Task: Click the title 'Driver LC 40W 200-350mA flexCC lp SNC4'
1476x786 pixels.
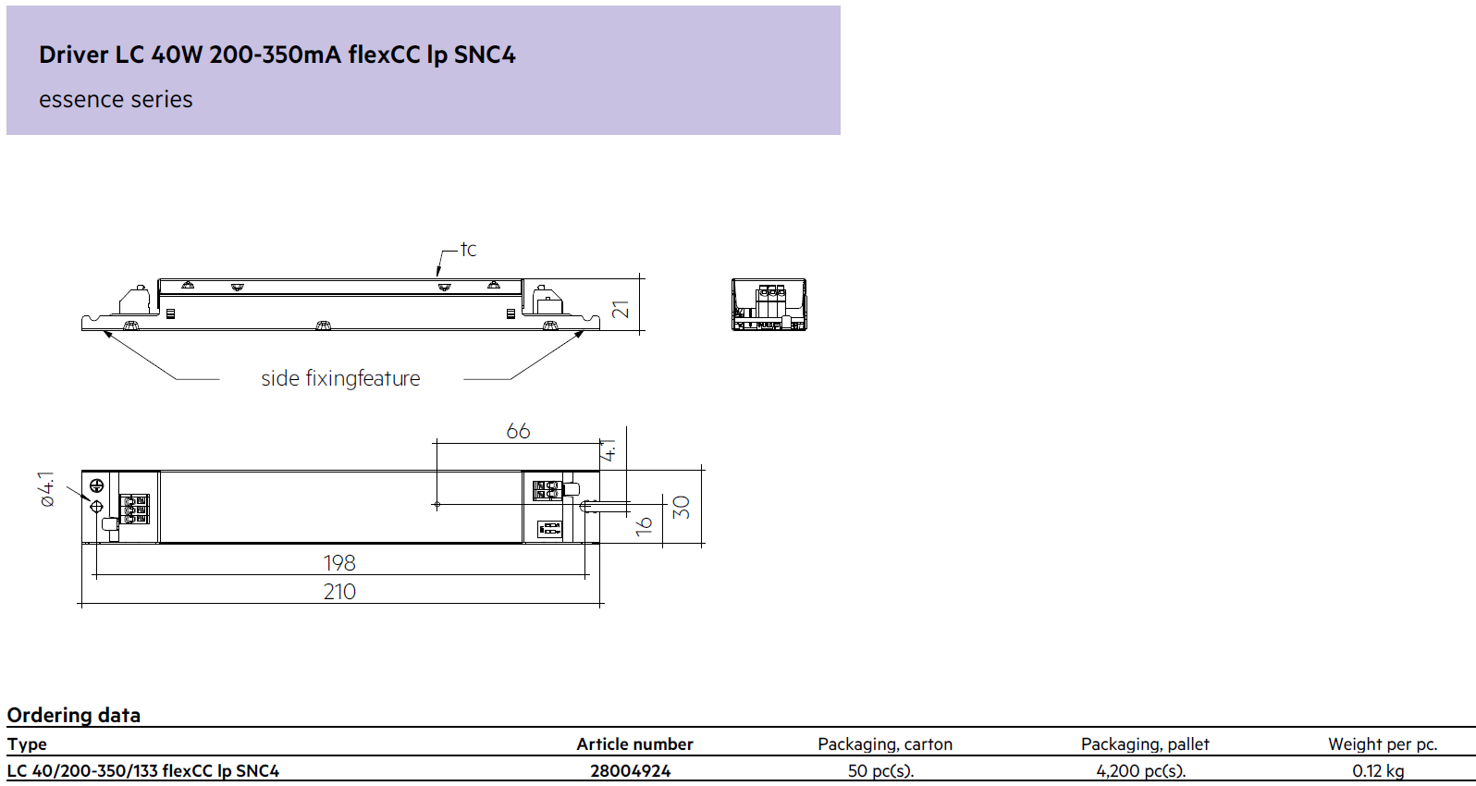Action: click(277, 55)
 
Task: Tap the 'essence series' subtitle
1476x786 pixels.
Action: click(116, 100)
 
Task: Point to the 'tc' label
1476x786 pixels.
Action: click(468, 249)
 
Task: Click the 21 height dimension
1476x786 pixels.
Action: click(621, 309)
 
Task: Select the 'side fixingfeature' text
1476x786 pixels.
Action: click(340, 378)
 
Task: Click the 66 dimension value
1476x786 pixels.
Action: click(518, 431)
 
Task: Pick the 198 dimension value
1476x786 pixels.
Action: click(339, 562)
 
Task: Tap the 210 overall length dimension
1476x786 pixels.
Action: click(339, 592)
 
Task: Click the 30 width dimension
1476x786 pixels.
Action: click(682, 508)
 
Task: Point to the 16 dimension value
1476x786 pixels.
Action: click(644, 525)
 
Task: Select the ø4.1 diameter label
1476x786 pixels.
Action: click(47, 489)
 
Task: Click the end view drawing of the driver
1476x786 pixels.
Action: click(769, 304)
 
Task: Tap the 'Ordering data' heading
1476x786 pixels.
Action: click(74, 715)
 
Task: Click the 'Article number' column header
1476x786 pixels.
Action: click(634, 743)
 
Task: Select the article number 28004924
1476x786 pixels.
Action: click(631, 771)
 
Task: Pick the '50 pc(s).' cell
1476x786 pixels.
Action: click(881, 771)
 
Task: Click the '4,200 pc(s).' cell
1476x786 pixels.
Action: click(1141, 771)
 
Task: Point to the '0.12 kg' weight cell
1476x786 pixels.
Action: click(1379, 771)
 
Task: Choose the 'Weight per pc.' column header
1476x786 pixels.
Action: click(1383, 744)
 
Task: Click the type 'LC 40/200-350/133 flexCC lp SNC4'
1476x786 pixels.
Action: click(143, 771)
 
